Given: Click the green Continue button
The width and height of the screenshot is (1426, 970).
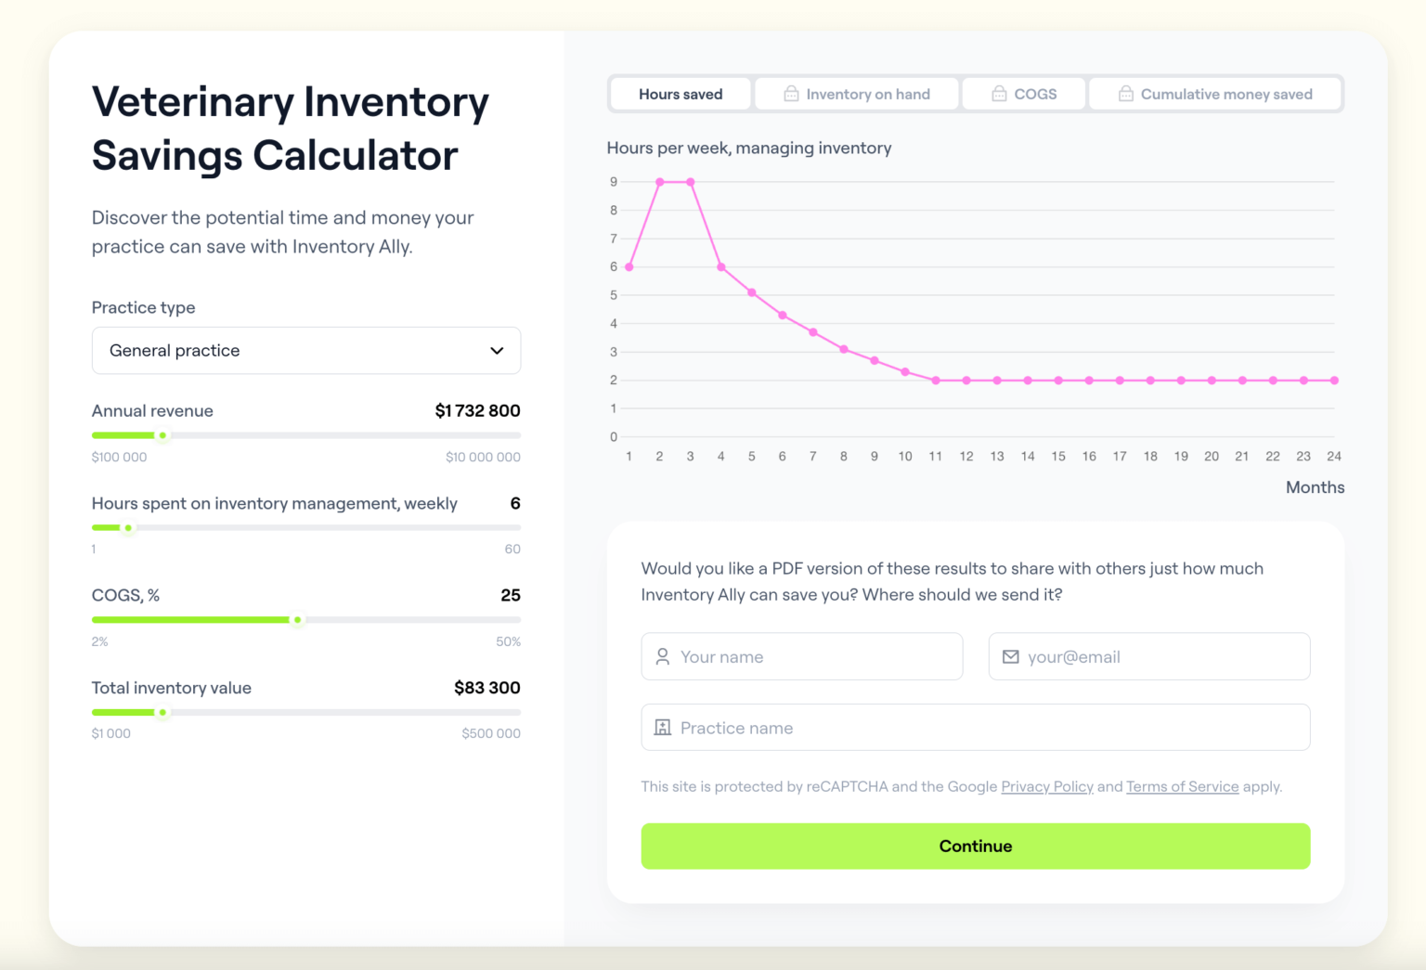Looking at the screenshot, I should pyautogui.click(x=975, y=846).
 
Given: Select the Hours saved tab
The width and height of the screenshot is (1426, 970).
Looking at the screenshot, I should pyautogui.click(x=680, y=94).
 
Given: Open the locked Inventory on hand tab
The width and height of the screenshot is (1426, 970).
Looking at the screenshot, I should pyautogui.click(x=856, y=94).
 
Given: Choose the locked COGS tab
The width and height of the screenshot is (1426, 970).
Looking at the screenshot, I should pyautogui.click(x=1024, y=94).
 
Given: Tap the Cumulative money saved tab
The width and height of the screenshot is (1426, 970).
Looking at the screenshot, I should pyautogui.click(x=1215, y=94).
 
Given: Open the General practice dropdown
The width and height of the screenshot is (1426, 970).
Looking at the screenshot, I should pyautogui.click(x=305, y=350).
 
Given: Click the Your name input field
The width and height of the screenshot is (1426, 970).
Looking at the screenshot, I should pyautogui.click(x=801, y=656).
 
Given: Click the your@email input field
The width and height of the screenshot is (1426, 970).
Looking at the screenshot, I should pyautogui.click(x=1148, y=656).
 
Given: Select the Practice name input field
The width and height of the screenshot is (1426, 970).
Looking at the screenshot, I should pyautogui.click(x=975, y=728).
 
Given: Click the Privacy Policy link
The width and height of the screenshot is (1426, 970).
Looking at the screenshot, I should pyautogui.click(x=1046, y=786).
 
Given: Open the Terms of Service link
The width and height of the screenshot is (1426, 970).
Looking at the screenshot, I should pyautogui.click(x=1182, y=786).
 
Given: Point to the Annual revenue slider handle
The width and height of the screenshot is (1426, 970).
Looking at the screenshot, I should pyautogui.click(x=162, y=435).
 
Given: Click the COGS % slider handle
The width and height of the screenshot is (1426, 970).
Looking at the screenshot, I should pyautogui.click(x=297, y=620).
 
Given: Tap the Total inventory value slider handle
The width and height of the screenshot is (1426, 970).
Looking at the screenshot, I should pyautogui.click(x=162, y=713).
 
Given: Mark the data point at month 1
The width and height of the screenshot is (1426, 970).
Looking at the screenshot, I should pyautogui.click(x=629, y=267).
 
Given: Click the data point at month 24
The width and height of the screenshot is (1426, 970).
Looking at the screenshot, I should pyautogui.click(x=1334, y=381).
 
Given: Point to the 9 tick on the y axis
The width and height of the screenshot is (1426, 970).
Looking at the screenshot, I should pyautogui.click(x=614, y=182).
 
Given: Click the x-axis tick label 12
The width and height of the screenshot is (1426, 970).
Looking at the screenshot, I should pyautogui.click(x=966, y=456).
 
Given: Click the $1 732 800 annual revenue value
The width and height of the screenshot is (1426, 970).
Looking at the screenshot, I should pyautogui.click(x=477, y=410).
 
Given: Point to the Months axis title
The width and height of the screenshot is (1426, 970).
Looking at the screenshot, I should pyautogui.click(x=1315, y=487).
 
